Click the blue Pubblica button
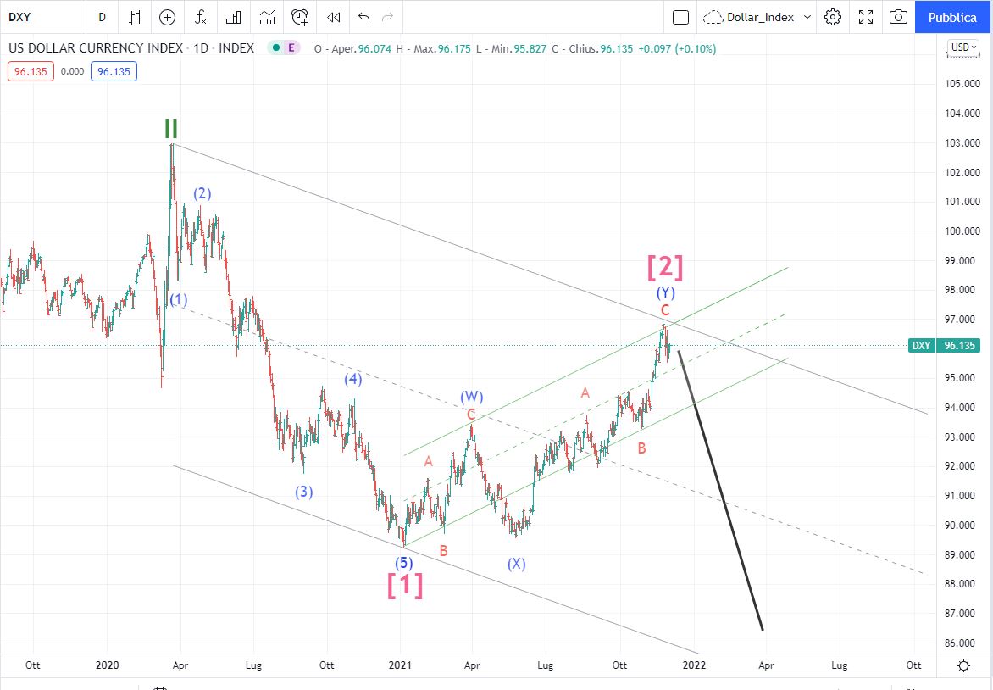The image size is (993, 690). click(952, 17)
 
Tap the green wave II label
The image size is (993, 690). click(171, 129)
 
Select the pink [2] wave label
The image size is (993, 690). click(665, 268)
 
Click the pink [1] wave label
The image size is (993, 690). click(405, 585)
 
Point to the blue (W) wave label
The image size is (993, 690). click(472, 397)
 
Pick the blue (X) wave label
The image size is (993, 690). click(516, 564)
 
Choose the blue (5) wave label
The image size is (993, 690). click(404, 562)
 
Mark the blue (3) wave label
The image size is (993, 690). click(304, 492)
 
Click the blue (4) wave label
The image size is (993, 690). click(353, 379)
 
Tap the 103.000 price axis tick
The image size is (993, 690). click(962, 142)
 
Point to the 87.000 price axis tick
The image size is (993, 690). click(962, 613)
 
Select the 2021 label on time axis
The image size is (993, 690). click(401, 665)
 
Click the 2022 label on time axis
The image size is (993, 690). click(694, 665)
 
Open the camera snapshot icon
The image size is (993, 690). click(898, 17)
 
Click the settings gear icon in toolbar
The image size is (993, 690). click(833, 17)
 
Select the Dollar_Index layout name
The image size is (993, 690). click(757, 17)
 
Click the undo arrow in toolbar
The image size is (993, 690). click(364, 17)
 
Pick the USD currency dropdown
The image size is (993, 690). click(962, 47)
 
